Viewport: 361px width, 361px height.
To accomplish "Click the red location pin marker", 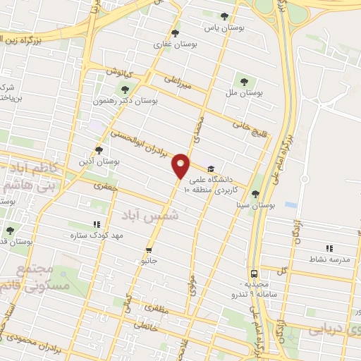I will [181, 166].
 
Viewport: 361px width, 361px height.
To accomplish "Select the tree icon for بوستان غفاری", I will [175, 33].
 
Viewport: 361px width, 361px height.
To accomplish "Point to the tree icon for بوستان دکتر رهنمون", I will [125, 90].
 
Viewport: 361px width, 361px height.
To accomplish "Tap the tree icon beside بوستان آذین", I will [99, 149].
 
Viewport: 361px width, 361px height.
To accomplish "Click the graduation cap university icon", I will [210, 169].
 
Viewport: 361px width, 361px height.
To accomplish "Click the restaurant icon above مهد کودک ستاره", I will [97, 225].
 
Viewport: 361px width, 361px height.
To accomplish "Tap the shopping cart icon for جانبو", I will [149, 250].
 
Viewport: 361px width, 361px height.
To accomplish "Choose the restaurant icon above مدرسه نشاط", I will [329, 248].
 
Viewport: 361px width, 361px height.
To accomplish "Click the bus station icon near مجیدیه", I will [253, 273].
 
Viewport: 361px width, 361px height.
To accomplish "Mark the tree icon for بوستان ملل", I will [245, 80].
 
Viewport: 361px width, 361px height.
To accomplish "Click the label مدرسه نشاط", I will [329, 259].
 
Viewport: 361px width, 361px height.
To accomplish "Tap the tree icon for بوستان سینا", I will [256, 194].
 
